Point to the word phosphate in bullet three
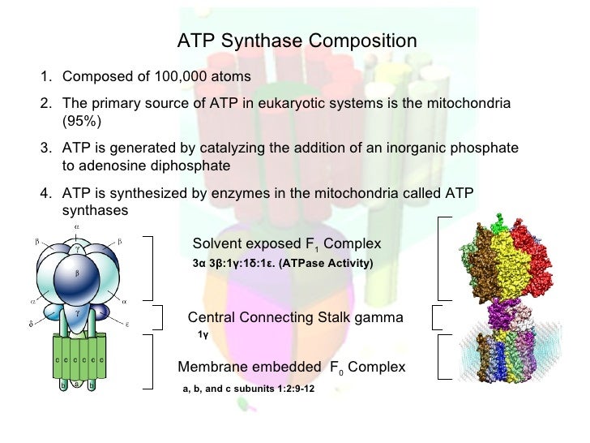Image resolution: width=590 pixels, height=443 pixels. tap(489, 150)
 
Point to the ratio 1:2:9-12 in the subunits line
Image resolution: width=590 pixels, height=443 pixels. tap(290, 389)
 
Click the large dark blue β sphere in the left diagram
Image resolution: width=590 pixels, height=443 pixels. tap(77, 274)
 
